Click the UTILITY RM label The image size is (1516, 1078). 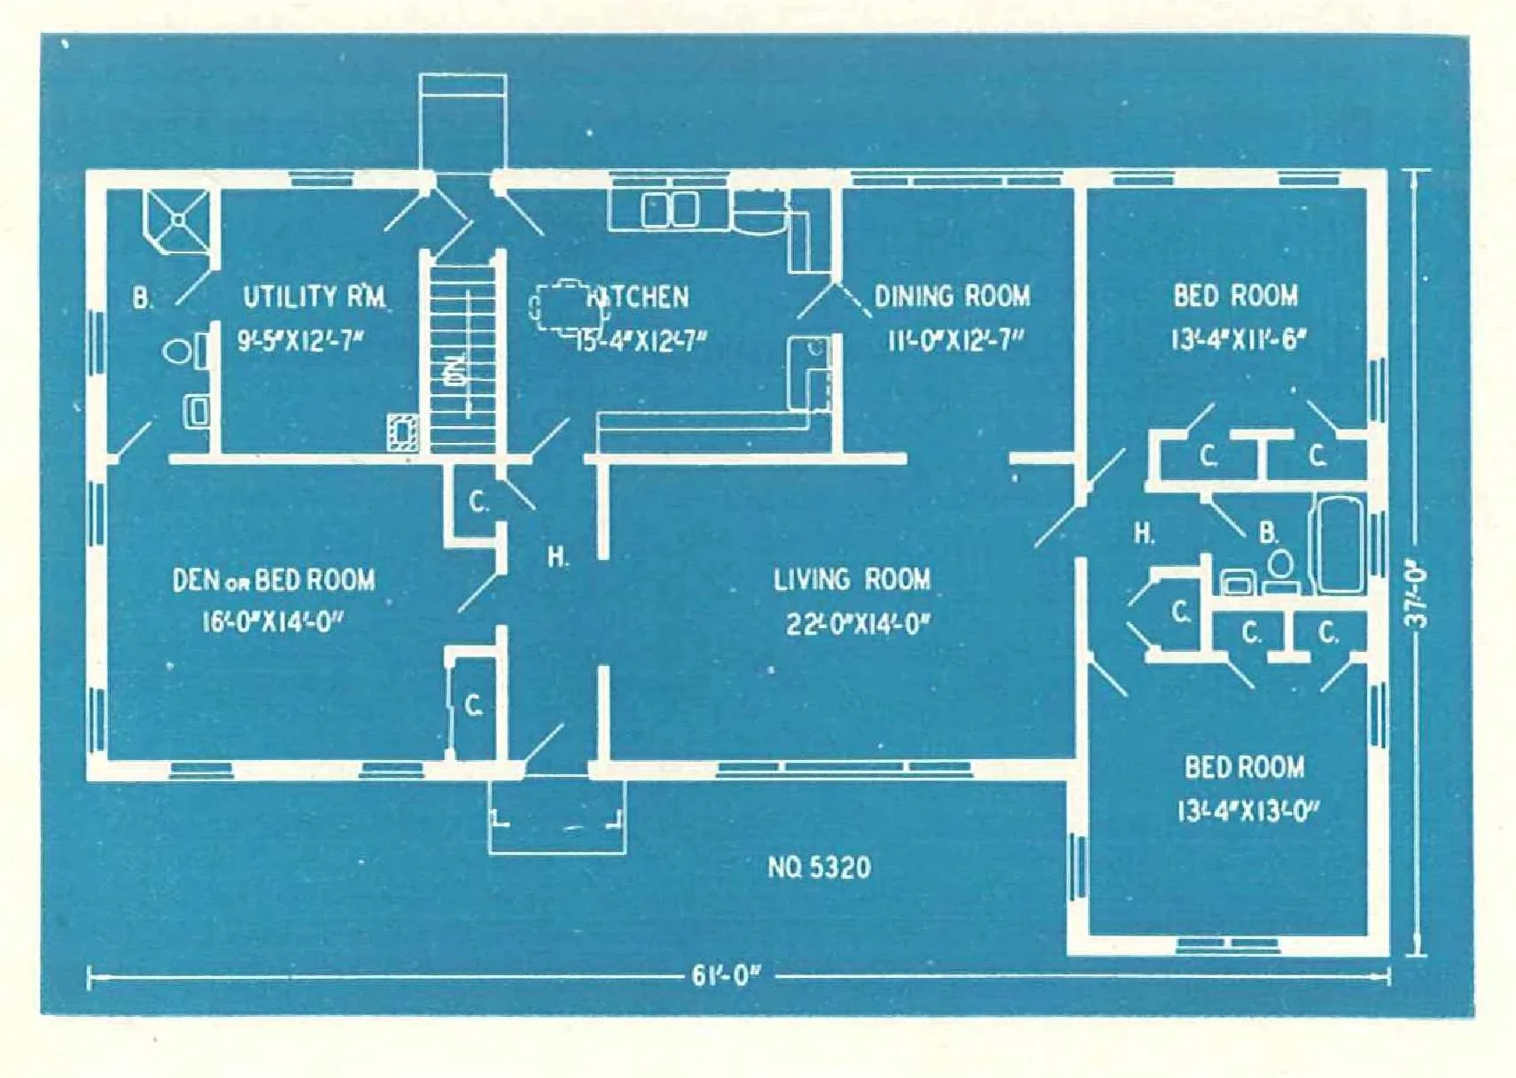point(314,297)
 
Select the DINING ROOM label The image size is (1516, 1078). point(952,296)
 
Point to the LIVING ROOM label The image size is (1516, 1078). point(851,580)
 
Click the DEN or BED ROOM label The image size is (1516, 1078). point(273,581)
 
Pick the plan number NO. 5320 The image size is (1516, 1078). point(819,867)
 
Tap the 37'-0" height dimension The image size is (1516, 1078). point(1417,598)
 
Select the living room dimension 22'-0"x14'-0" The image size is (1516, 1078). point(858,624)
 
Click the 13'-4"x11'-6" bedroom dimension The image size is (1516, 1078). point(1238,339)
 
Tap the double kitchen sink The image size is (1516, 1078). point(670,211)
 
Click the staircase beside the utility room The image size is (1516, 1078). point(462,354)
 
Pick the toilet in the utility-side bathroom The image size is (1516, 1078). point(181,352)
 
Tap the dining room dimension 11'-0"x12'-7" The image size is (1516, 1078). point(956,340)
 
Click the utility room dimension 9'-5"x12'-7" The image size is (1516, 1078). point(300,340)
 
